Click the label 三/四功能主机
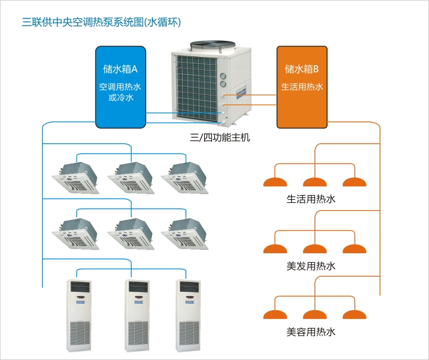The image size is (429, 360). point(212,138)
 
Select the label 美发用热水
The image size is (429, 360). point(311,266)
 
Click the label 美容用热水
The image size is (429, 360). point(311,332)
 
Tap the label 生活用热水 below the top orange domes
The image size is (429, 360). point(311,199)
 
